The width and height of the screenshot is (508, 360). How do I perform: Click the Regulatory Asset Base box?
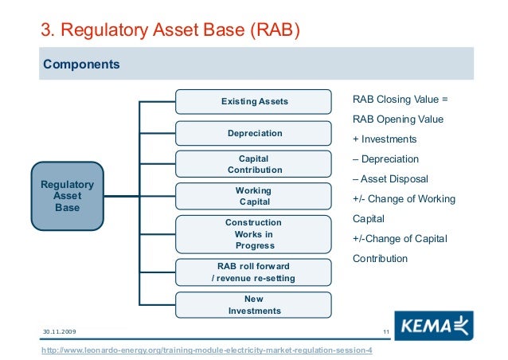pyautogui.click(x=67, y=196)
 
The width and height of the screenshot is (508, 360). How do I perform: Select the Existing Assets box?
pyautogui.click(x=253, y=102)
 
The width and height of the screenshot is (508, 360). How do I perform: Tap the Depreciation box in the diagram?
pyautogui.click(x=253, y=133)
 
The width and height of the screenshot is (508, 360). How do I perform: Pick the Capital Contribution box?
pyautogui.click(x=253, y=164)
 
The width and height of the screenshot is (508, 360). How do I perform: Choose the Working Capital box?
pyautogui.click(x=253, y=196)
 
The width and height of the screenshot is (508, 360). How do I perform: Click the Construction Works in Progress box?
pyautogui.click(x=253, y=234)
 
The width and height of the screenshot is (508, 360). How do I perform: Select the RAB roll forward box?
pyautogui.click(x=253, y=272)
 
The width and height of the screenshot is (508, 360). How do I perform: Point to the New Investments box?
pyautogui.click(x=253, y=304)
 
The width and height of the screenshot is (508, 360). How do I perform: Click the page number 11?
pyautogui.click(x=385, y=331)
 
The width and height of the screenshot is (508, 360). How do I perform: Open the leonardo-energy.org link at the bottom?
pyautogui.click(x=206, y=351)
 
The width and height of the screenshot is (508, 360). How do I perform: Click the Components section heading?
pyautogui.click(x=81, y=64)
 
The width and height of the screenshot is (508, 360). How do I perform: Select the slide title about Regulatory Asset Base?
pyautogui.click(x=171, y=30)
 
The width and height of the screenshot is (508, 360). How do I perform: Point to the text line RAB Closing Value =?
pyautogui.click(x=401, y=100)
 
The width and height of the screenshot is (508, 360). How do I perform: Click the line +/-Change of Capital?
pyautogui.click(x=399, y=238)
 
